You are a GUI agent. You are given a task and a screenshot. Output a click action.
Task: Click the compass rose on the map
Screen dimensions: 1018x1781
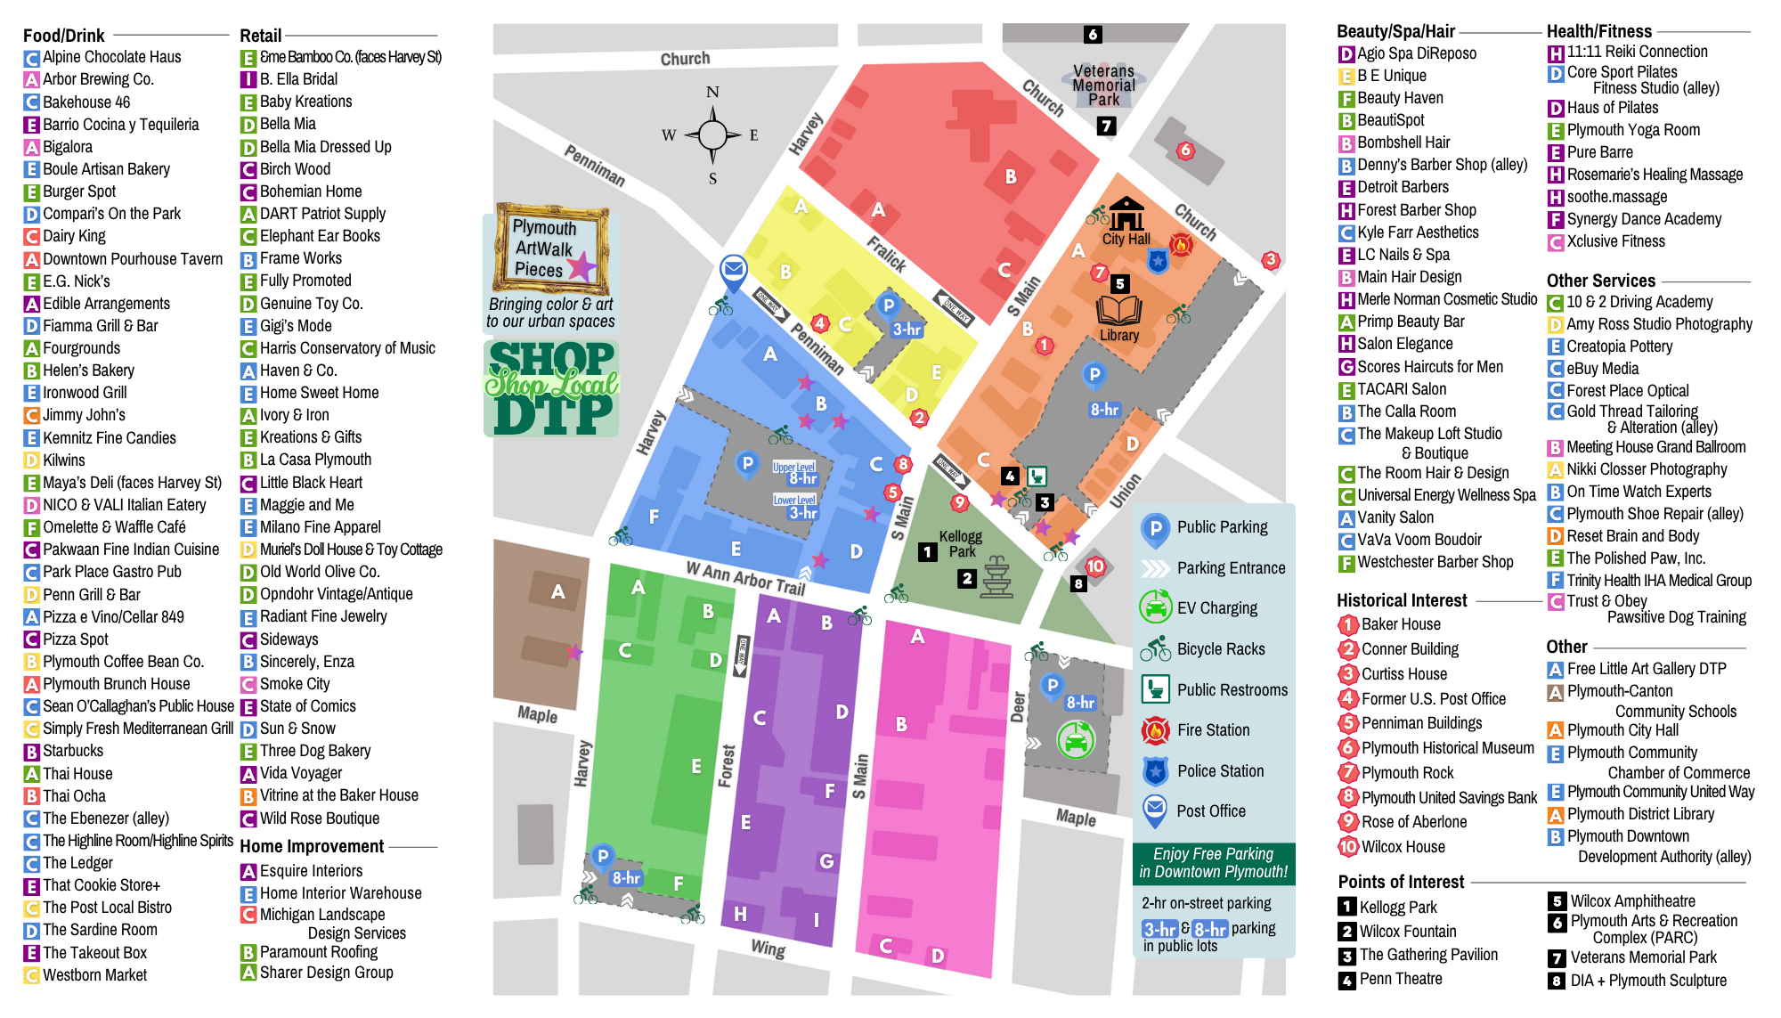pyautogui.click(x=712, y=135)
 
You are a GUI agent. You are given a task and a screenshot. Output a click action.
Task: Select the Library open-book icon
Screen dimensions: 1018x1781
pyautogui.click(x=1119, y=311)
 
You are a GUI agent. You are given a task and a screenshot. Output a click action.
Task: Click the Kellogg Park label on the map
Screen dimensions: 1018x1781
pyautogui.click(x=961, y=543)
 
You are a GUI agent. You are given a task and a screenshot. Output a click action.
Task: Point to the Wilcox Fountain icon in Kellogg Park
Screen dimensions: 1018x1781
pyautogui.click(x=996, y=577)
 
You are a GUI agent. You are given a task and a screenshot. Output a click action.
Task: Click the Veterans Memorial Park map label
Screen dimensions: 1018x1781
pyautogui.click(x=1103, y=85)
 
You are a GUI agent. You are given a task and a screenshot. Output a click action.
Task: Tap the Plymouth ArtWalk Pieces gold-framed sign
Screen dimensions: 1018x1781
pyautogui.click(x=550, y=248)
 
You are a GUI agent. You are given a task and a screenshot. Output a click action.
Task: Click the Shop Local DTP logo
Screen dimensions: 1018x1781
pyautogui.click(x=551, y=388)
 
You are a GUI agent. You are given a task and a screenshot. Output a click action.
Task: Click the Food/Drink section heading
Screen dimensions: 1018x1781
pyautogui.click(x=64, y=36)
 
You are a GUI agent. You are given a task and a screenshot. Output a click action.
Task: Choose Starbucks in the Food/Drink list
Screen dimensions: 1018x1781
pyautogui.click(x=72, y=751)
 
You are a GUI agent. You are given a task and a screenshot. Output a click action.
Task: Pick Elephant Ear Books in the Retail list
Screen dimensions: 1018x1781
pyautogui.click(x=319, y=236)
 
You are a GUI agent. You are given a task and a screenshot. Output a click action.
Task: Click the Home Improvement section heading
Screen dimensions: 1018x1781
pyautogui.click(x=312, y=846)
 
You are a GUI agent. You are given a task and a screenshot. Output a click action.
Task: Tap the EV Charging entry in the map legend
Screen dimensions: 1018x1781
pyautogui.click(x=1216, y=608)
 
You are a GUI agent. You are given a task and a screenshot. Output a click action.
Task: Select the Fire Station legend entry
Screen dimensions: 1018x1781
pyautogui.click(x=1213, y=730)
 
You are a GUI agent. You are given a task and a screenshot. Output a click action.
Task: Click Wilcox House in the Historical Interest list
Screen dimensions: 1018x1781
pyautogui.click(x=1403, y=847)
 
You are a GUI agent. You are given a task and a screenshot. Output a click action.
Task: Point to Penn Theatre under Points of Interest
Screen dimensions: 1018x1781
pyautogui.click(x=1400, y=979)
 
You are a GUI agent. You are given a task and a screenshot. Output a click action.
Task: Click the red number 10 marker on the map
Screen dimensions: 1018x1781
pyautogui.click(x=1094, y=566)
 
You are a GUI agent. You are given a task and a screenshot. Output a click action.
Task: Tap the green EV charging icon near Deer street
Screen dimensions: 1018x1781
pyautogui.click(x=1076, y=739)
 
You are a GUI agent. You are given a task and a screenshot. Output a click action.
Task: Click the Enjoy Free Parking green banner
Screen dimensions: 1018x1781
pyautogui.click(x=1213, y=863)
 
